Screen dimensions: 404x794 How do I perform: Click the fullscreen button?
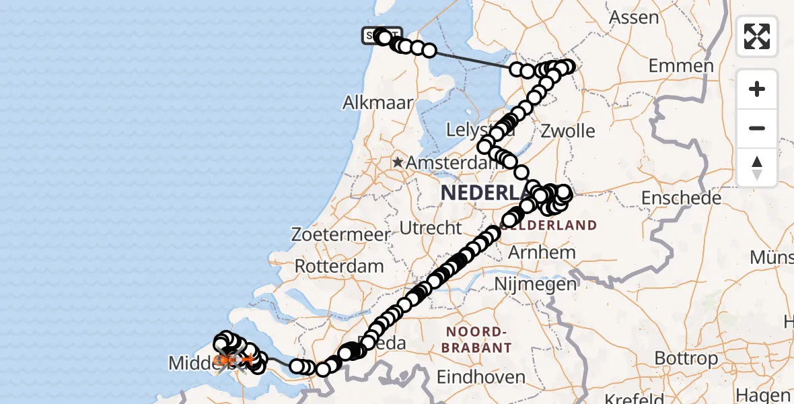[x=757, y=36]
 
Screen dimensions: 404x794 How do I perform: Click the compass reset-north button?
[x=757, y=168]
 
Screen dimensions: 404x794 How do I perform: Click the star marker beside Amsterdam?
[x=398, y=162]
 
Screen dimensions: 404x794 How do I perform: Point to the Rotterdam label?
[x=339, y=265]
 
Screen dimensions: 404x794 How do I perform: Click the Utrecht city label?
[x=431, y=228]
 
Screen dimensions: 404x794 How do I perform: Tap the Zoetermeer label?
[x=341, y=235]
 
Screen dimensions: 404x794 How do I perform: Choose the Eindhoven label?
[x=481, y=376]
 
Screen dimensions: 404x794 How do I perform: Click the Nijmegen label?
[x=535, y=283]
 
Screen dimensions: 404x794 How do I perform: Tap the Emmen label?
[x=681, y=66]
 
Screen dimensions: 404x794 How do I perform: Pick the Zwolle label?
[x=567, y=130]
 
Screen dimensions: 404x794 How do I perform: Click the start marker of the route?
[x=382, y=34]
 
